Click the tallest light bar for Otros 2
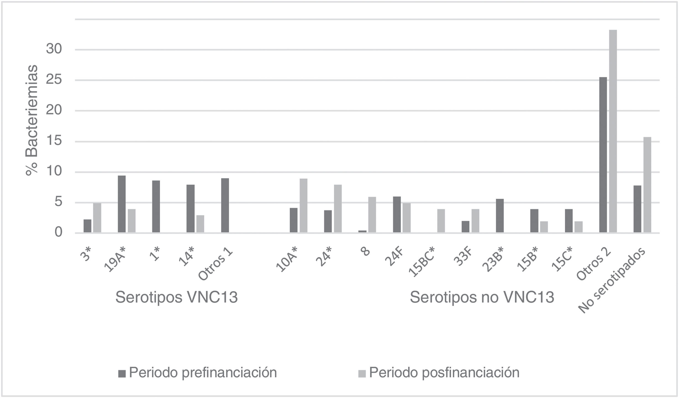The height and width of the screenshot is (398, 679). pos(613,131)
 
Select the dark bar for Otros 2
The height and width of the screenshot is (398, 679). pos(603,155)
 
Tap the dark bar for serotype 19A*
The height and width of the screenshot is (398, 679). pos(122,204)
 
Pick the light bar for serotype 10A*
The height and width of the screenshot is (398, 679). pos(303,205)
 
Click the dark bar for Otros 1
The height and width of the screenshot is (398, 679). pos(225,205)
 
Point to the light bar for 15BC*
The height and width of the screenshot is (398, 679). pos(441,221)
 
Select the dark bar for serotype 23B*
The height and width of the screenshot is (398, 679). pos(500,216)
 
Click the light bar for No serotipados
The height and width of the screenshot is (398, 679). pos(647,185)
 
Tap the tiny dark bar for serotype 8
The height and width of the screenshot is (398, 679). pos(362,231)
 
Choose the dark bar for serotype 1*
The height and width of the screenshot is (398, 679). pos(156,207)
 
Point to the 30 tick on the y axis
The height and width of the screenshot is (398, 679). pos(54,49)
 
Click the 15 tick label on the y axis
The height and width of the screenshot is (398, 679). pos(54,141)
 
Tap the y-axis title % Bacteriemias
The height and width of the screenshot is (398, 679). pos(31,120)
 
